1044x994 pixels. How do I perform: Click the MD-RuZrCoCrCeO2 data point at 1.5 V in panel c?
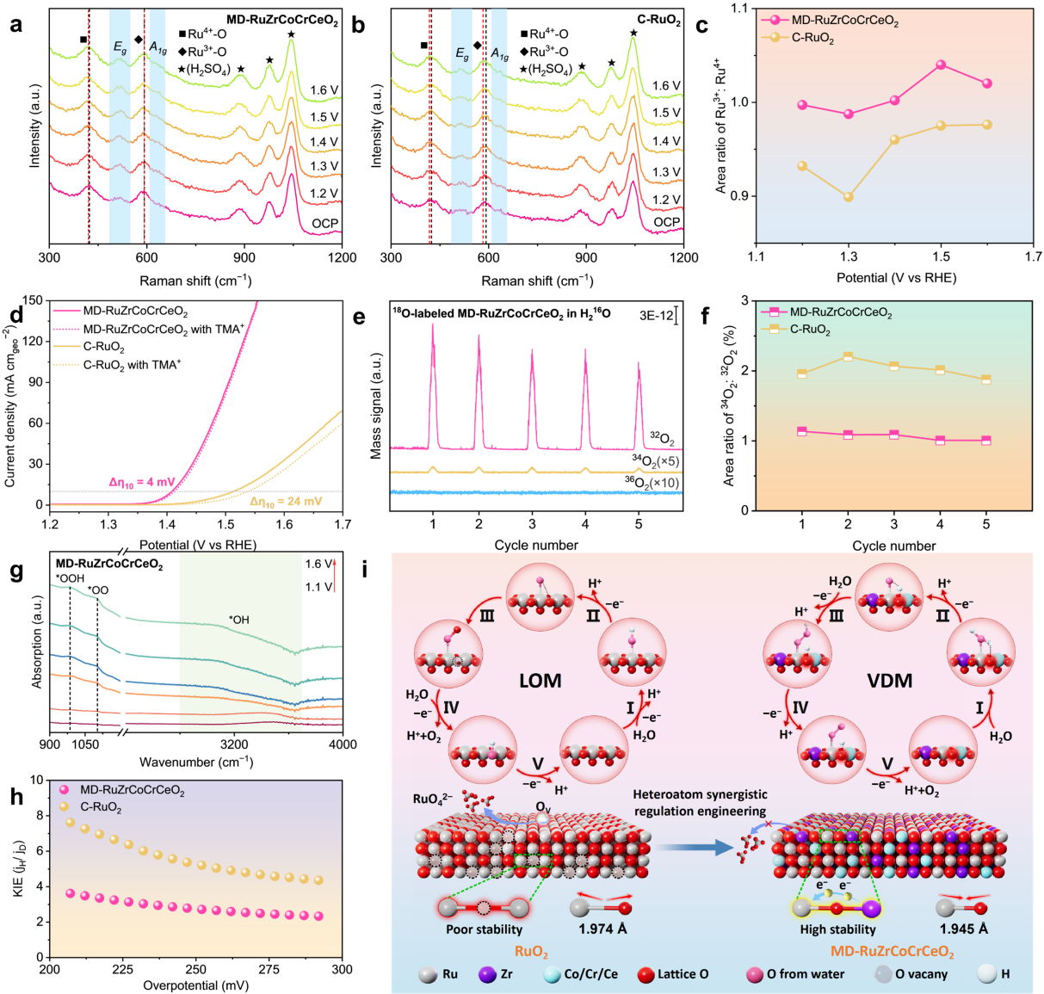pyautogui.click(x=941, y=65)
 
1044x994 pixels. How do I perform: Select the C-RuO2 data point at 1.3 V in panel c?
pyautogui.click(x=849, y=197)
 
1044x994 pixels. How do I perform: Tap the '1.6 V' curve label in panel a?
pyautogui.click(x=324, y=90)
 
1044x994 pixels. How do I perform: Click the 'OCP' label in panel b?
pyautogui.click(x=667, y=222)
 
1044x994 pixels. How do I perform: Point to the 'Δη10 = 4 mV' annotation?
pyautogui.click(x=141, y=482)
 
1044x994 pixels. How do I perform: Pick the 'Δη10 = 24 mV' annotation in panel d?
pyautogui.click(x=286, y=502)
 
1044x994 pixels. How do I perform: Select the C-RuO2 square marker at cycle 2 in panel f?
pyautogui.click(x=848, y=356)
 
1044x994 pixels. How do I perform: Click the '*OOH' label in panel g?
pyautogui.click(x=70, y=578)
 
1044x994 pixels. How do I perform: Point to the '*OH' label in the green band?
pyautogui.click(x=238, y=620)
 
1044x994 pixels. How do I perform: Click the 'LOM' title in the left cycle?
pyautogui.click(x=540, y=681)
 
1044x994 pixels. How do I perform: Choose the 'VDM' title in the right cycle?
pyautogui.click(x=889, y=681)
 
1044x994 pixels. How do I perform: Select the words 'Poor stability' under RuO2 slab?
pyautogui.click(x=484, y=929)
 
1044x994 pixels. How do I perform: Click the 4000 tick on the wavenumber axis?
pyautogui.click(x=343, y=744)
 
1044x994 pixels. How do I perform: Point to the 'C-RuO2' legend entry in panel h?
pyautogui.click(x=101, y=808)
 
